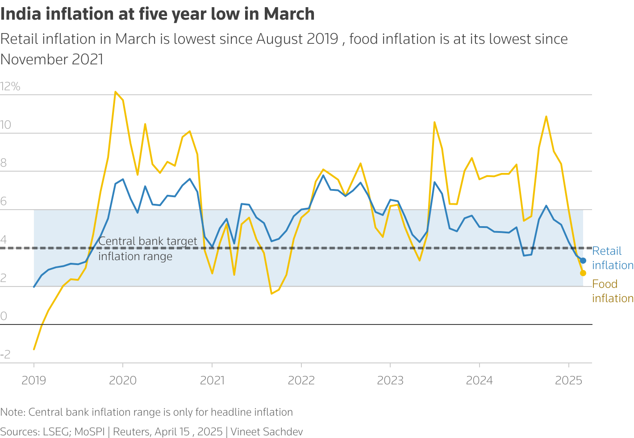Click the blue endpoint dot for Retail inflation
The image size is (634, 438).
(x=583, y=261)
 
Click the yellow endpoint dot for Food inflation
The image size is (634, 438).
(x=583, y=273)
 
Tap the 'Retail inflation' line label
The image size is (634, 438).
(x=612, y=258)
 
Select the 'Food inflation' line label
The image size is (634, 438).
(x=612, y=291)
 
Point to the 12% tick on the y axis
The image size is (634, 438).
(x=10, y=87)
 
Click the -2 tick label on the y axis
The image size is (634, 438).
(x=5, y=355)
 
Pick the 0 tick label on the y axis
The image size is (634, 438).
(x=4, y=316)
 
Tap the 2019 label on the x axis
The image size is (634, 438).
(x=34, y=380)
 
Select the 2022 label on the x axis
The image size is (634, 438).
(x=301, y=380)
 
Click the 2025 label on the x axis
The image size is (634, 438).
(x=568, y=380)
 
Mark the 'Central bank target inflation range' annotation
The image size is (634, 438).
(x=147, y=248)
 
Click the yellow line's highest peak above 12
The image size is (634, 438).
(x=116, y=92)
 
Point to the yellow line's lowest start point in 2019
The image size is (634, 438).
(x=34, y=349)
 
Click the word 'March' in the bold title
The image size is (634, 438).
(x=289, y=14)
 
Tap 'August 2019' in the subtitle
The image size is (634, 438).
(x=297, y=39)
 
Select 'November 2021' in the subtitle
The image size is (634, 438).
(x=52, y=59)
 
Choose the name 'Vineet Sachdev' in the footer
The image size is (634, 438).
(x=267, y=432)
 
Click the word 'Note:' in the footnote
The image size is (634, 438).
(x=13, y=412)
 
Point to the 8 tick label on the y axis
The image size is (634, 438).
(x=4, y=163)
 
